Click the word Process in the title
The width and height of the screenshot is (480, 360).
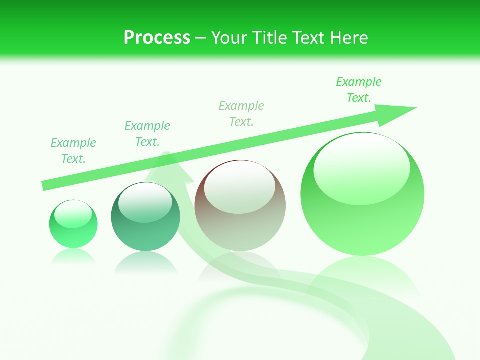[157, 38]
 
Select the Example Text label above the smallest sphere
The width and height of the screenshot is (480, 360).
[73, 150]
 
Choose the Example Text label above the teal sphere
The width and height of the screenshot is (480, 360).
[147, 133]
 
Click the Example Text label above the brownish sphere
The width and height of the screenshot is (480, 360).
[241, 113]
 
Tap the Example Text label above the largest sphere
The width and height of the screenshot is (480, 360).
[358, 89]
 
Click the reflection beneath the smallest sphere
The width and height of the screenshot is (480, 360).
[73, 256]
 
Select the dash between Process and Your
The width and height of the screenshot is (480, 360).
[201, 38]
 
